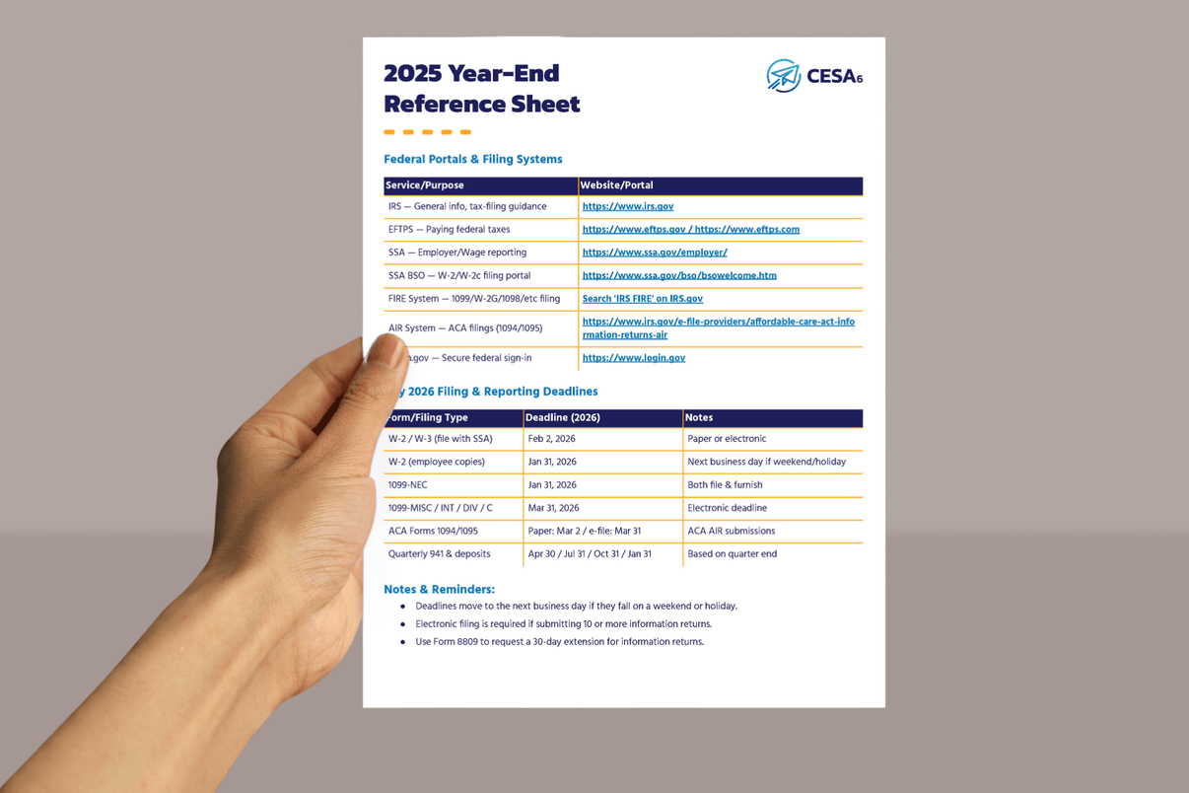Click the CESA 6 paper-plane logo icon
pos(784,76)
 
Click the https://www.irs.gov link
pos(628,207)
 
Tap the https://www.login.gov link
pos(634,358)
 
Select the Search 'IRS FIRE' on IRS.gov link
pos(643,299)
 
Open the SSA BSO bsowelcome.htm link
pos(679,276)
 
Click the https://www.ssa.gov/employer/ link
pos(655,252)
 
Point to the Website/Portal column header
pos(617,185)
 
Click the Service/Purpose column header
pos(425,185)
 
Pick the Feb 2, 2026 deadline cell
pos(552,439)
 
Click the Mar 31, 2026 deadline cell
pos(554,508)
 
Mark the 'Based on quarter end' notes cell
pos(733,554)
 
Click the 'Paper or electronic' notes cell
pos(727,439)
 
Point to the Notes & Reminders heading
pos(440,590)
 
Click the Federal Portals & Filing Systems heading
pos(473,159)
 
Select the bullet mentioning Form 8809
pos(559,642)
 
